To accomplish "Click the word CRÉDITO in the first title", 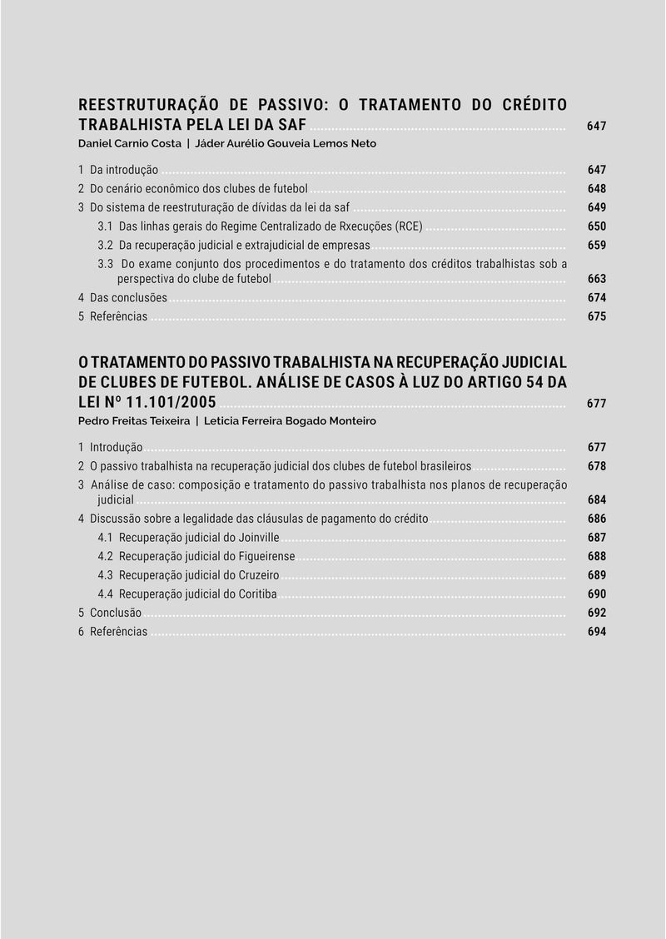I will pyautogui.click(x=535, y=105).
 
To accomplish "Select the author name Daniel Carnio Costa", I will pyautogui.click(x=129, y=143).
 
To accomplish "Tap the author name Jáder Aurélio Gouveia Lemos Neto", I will pyautogui.click(x=285, y=143).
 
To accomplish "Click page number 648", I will pyautogui.click(x=596, y=189).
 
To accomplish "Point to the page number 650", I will pyautogui.click(x=596, y=226).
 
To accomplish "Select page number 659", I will pyautogui.click(x=596, y=246).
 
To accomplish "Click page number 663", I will pyautogui.click(x=596, y=279).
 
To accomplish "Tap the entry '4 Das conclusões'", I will pyautogui.click(x=122, y=298).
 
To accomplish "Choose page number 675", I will pyautogui.click(x=596, y=316).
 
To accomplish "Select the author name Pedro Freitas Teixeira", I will pyautogui.click(x=133, y=420).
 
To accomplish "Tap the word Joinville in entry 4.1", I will pyautogui.click(x=258, y=538).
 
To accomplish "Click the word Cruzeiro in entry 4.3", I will pyautogui.click(x=257, y=575).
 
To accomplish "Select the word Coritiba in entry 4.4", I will pyautogui.click(x=256, y=594).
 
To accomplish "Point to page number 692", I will pyautogui.click(x=596, y=613).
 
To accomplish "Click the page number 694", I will pyautogui.click(x=596, y=632).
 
